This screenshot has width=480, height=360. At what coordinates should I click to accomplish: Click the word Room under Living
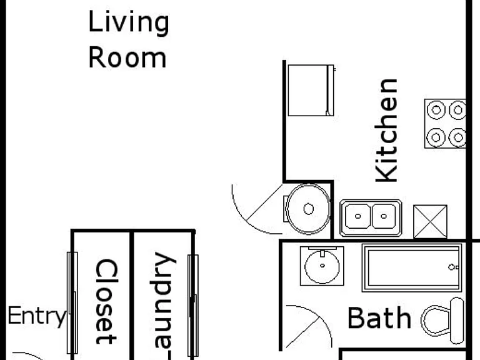pyautogui.click(x=127, y=57)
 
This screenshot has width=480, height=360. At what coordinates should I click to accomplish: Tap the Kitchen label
pyautogui.click(x=386, y=131)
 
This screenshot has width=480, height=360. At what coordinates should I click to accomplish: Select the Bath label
pyautogui.click(x=379, y=318)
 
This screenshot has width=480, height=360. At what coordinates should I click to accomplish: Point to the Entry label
pyautogui.click(x=37, y=316)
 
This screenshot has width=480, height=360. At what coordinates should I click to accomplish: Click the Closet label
pyautogui.click(x=106, y=301)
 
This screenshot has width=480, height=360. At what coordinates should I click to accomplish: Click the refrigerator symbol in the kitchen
pyautogui.click(x=311, y=90)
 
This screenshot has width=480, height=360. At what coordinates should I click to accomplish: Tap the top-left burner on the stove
pyautogui.click(x=436, y=110)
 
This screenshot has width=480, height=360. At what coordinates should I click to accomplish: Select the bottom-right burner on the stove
pyautogui.click(x=457, y=137)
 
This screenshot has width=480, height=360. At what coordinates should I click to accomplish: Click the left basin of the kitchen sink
pyautogui.click(x=358, y=216)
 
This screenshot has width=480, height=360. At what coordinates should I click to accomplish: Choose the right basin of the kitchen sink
pyautogui.click(x=384, y=216)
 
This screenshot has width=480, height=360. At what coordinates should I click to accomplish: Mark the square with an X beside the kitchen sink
pyautogui.click(x=430, y=222)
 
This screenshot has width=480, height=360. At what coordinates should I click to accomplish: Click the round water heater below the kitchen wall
pyautogui.click(x=308, y=209)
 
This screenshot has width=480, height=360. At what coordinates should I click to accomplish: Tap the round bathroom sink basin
pyautogui.click(x=322, y=266)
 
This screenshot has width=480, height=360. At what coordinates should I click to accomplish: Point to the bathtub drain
pyautogui.click(x=451, y=267)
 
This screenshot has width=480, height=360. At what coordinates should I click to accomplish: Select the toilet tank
pyautogui.click(x=457, y=321)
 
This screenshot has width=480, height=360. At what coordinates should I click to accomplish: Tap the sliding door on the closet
pyautogui.click(x=72, y=303)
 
